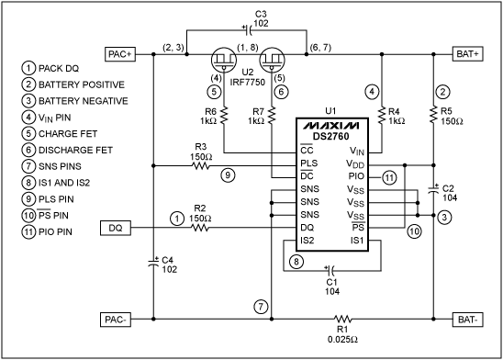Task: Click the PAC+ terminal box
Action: pyautogui.click(x=122, y=52)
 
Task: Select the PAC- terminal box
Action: pyautogui.click(x=121, y=320)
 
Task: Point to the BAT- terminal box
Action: pyautogui.click(x=469, y=320)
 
